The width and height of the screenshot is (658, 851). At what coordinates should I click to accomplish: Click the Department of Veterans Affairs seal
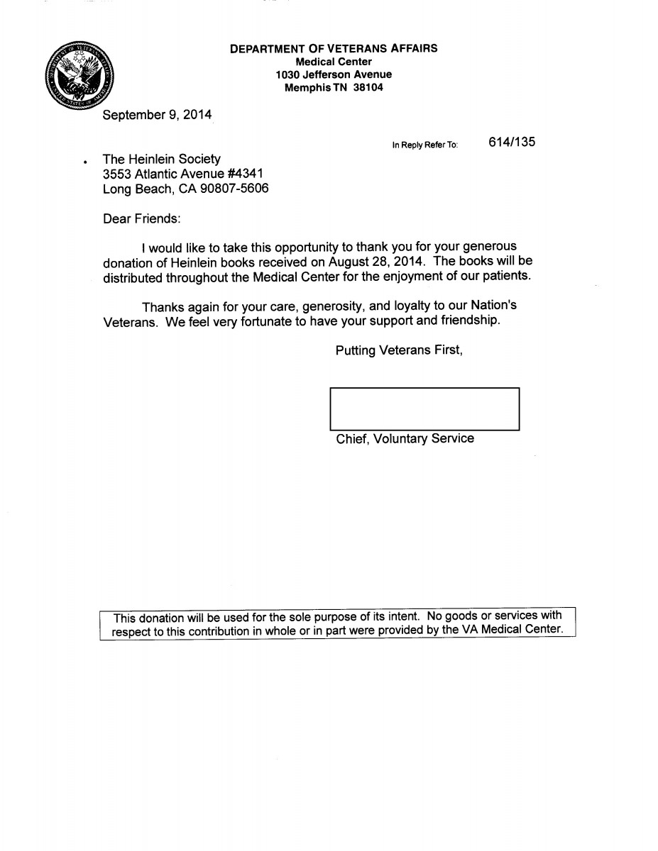click(x=77, y=76)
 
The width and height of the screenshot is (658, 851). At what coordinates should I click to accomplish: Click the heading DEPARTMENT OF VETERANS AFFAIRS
click(x=334, y=49)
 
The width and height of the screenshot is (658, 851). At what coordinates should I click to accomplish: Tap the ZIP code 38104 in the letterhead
click(x=368, y=88)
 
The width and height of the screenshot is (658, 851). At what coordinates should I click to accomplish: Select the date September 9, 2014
click(x=157, y=115)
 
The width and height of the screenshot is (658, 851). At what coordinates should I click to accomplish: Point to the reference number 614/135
click(x=512, y=142)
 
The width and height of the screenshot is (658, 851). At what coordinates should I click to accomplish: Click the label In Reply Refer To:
click(x=425, y=145)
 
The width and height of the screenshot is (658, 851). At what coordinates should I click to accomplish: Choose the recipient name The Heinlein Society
click(x=162, y=160)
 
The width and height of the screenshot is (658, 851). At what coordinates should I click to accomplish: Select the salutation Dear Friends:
click(x=142, y=218)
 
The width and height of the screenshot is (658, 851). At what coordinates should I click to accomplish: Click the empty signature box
click(x=424, y=408)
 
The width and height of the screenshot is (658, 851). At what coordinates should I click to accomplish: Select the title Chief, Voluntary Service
click(x=405, y=439)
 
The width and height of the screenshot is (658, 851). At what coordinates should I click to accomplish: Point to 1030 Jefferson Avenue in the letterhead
click(x=334, y=74)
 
